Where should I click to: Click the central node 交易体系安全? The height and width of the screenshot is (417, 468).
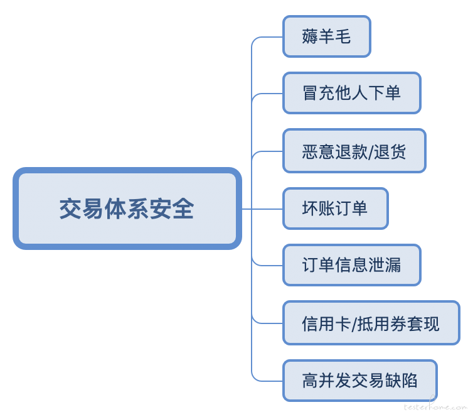127,208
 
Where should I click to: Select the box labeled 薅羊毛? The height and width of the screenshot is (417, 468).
327,36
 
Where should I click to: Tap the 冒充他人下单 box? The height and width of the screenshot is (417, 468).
352,93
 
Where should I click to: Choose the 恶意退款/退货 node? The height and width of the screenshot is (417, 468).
354,151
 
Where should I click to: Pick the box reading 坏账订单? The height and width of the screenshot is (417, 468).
336,208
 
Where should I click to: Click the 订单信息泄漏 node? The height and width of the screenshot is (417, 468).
352,265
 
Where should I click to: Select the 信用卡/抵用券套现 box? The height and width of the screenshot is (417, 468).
371,323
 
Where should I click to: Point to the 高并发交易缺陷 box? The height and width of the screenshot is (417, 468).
360,380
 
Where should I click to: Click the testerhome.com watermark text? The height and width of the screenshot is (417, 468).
435,406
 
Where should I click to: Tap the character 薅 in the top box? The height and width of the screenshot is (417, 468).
310,36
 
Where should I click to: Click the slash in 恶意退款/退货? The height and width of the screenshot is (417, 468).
371,152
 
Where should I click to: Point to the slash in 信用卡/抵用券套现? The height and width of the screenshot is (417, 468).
354,324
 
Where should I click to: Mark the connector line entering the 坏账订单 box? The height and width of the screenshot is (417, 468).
262,208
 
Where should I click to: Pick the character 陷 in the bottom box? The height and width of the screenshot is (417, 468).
410,381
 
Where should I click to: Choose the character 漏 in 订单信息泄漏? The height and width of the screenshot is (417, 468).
393,265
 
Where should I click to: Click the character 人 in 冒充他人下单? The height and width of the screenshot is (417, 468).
359,93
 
